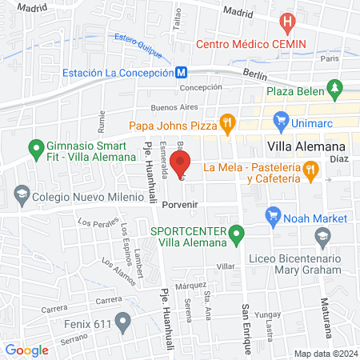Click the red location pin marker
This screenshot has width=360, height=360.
coord(181,158)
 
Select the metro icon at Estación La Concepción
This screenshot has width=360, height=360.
coord(182,72)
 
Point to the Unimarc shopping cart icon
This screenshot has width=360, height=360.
coord(280,122)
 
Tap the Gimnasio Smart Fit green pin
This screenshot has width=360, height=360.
coord(35,149)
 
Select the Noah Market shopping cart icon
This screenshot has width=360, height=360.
coord(274,216)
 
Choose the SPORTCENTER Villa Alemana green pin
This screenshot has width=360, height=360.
coord(236,235)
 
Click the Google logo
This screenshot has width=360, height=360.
coord(27,350)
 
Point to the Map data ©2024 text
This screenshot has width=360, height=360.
coord(324,354)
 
